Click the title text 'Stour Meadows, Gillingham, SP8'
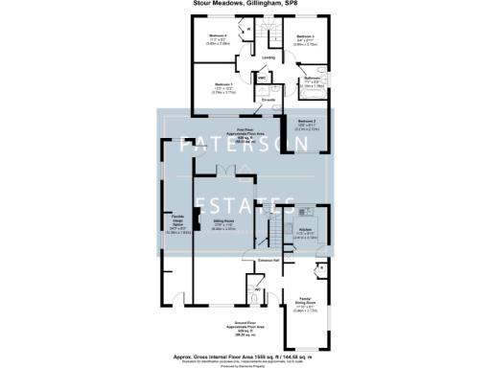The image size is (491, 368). click(x=245, y=6)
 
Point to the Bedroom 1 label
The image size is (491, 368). click(x=222, y=86)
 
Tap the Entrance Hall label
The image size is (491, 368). click(x=268, y=260)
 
